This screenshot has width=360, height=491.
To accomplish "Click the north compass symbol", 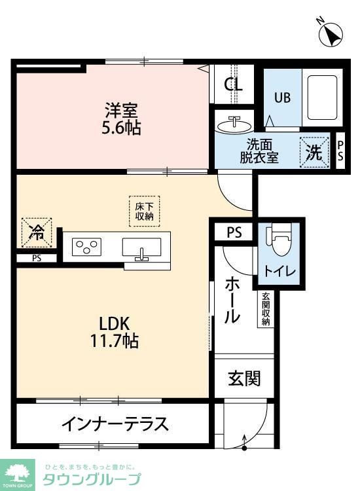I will [x=331, y=33].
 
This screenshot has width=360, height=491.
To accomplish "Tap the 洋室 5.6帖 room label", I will [x=120, y=117].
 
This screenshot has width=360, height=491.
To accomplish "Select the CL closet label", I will [x=233, y=84].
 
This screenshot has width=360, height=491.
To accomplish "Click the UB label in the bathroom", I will [x=282, y=98].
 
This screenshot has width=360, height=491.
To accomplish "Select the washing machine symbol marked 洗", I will [x=314, y=153].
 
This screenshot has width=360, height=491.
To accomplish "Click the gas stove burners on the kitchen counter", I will [x=87, y=247].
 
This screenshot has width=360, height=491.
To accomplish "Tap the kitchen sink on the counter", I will [x=141, y=248].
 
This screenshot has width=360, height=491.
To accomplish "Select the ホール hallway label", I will [x=232, y=300].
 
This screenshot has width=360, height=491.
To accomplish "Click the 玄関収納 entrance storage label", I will [x=266, y=308].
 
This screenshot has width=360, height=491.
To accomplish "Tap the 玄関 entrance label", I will [x=244, y=378].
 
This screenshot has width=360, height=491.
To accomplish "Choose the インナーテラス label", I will [x=115, y=423].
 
